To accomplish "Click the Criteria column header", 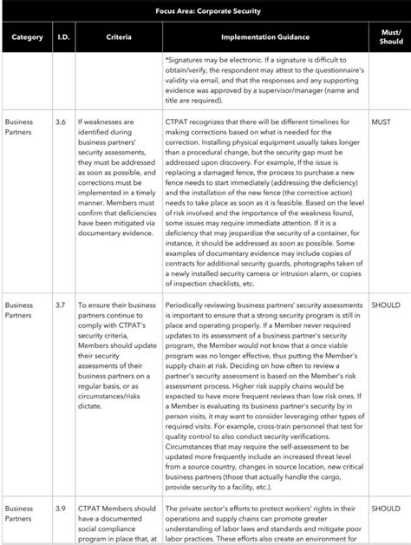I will [119, 37].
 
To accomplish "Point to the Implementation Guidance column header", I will [264, 37].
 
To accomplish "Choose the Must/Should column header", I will [391, 37].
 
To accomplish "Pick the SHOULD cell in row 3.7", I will [386, 305].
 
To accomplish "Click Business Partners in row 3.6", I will [20, 128].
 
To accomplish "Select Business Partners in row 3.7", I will [20, 311].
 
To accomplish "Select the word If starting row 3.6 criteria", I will [81, 123].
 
